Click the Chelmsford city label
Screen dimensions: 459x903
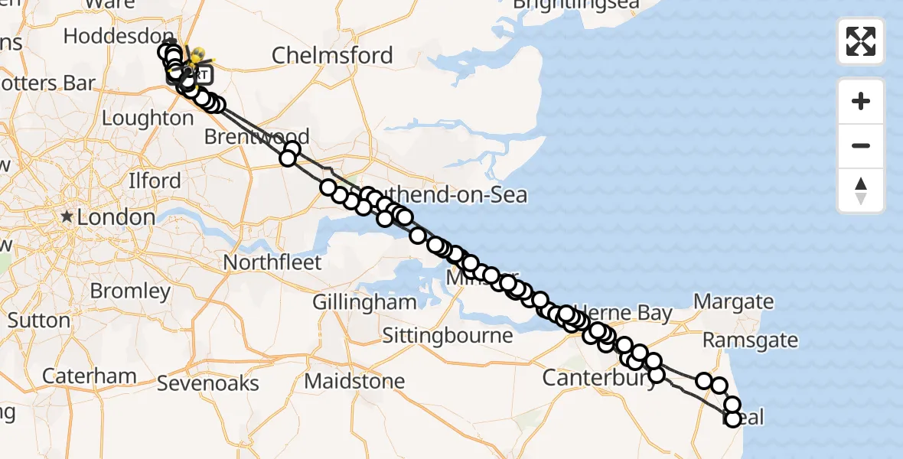332,55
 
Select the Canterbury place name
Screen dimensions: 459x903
599,379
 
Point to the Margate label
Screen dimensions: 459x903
732,301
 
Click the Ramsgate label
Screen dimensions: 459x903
750,340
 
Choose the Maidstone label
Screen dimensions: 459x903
354,380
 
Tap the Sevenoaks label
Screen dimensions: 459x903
208,382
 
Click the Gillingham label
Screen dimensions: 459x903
364,301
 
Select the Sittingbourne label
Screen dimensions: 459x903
447,336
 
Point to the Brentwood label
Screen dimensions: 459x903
257,137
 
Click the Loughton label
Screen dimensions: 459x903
148,119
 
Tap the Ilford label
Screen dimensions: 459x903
155,181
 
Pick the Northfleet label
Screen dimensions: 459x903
272,262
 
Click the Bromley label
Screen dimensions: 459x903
130,291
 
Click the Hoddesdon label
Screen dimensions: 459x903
119,36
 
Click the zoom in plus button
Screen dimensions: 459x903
861,102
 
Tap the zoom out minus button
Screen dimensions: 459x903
861,145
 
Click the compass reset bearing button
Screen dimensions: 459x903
861,190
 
